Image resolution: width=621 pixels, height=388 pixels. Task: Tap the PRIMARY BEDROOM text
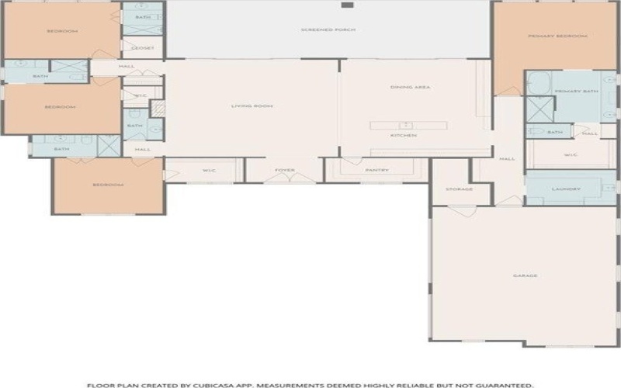(557, 36)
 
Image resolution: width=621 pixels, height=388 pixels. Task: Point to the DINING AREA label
(410, 87)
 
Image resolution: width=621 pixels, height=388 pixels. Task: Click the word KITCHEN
(404, 136)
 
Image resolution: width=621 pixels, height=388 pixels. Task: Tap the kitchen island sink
(404, 125)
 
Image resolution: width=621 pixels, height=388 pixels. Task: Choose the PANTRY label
(376, 170)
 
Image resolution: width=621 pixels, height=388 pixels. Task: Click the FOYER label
(282, 170)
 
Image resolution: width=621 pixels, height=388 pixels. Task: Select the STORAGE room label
(459, 189)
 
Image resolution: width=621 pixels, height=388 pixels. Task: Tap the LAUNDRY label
(561, 189)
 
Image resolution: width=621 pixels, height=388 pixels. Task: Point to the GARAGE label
(526, 275)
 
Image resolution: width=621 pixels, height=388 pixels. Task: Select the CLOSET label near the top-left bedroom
(144, 48)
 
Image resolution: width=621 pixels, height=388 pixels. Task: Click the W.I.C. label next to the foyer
(208, 170)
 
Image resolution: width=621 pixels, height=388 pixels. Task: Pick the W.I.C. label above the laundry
(571, 154)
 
